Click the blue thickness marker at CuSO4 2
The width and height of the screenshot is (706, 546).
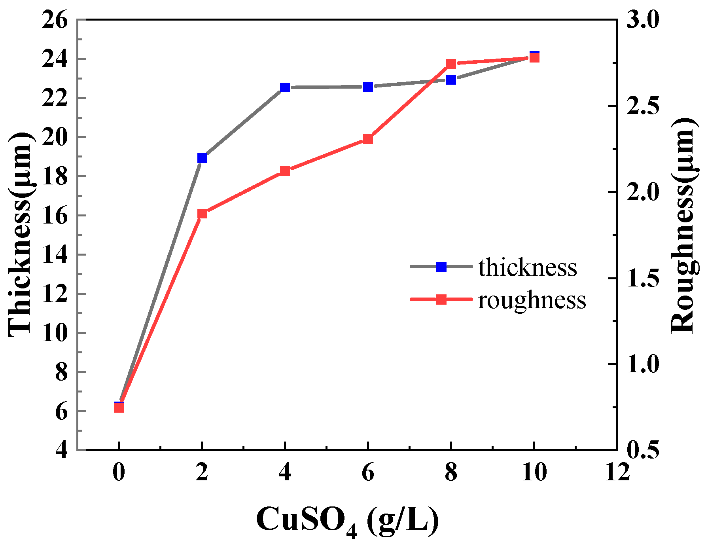point(202,158)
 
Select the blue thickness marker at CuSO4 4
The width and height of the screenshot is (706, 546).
point(285,87)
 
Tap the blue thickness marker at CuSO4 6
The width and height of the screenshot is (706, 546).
point(368,87)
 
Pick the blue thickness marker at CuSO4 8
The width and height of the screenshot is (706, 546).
point(451,80)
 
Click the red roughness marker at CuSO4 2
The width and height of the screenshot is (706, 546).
point(202,214)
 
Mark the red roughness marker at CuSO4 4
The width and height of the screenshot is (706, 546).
point(285,171)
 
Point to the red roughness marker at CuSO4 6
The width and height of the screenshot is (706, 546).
point(368,139)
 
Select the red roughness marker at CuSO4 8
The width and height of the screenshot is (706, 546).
point(451,63)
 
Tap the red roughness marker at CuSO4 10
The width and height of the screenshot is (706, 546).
point(534,58)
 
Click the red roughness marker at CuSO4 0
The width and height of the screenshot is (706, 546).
point(119,408)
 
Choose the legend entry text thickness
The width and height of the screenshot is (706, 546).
point(528,268)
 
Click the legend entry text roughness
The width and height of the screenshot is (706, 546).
point(532,300)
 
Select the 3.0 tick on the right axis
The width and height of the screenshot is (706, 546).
point(643,20)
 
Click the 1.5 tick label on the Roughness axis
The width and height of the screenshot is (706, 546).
point(643,279)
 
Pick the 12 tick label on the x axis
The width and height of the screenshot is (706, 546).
point(617,472)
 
